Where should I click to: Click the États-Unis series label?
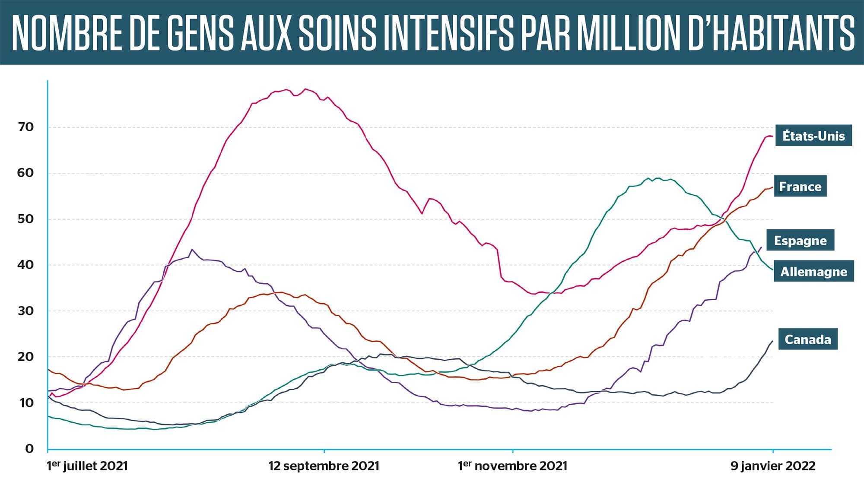coord(813,136)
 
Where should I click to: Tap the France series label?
coord(800,187)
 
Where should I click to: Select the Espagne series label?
coord(800,241)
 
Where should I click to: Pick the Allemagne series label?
coord(813,272)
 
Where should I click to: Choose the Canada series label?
coord(807,339)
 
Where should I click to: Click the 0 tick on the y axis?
coord(29,449)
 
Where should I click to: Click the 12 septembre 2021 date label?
coord(324,466)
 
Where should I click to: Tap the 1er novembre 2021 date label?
coord(512,466)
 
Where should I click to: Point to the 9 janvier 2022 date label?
coord(773,466)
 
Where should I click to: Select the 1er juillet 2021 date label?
coord(87,466)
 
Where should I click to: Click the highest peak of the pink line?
coord(305,89)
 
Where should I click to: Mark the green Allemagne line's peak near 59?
coord(657,178)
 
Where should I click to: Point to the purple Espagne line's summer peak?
coord(192,249)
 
